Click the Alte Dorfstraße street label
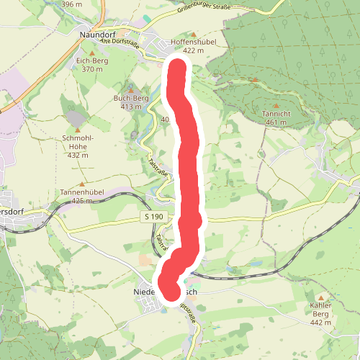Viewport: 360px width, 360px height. (x=116, y=41)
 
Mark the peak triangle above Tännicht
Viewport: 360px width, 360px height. (x=255, y=80)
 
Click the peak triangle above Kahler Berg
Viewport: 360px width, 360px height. (x=320, y=296)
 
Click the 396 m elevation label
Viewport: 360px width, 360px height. (x=73, y=4)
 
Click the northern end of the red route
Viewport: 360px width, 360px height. (x=177, y=68)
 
